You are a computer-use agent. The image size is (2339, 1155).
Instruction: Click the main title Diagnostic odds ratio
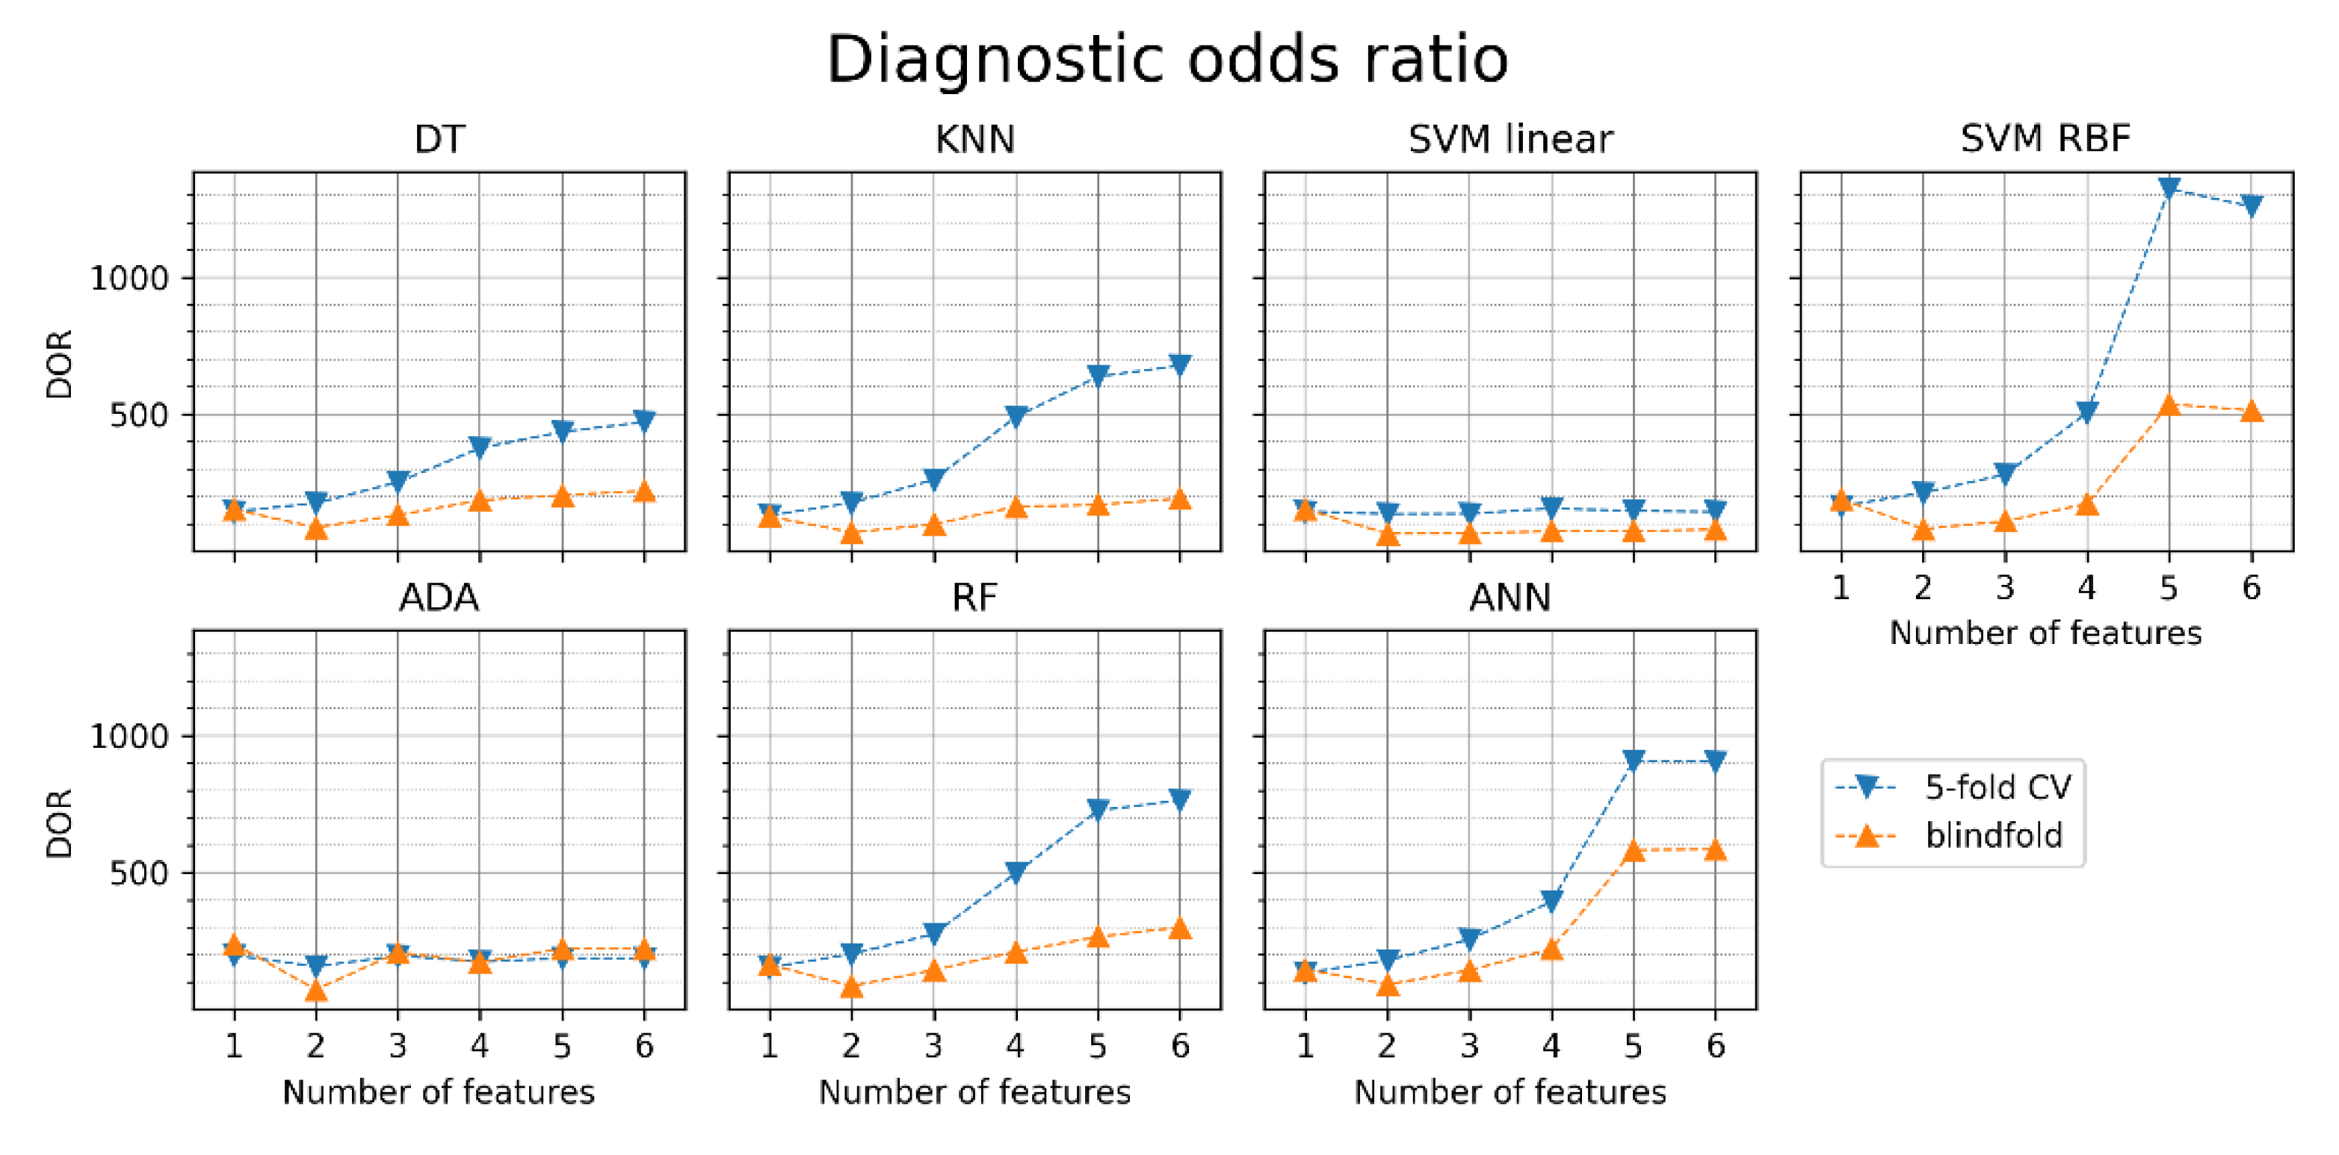tap(1168, 60)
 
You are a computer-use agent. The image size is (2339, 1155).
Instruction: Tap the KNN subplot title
tap(974, 139)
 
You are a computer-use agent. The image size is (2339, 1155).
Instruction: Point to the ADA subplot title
tap(439, 598)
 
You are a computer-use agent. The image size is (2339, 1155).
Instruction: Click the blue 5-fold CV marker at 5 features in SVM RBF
tap(2169, 188)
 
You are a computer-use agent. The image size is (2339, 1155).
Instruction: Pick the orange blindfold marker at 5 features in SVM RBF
tap(2169, 405)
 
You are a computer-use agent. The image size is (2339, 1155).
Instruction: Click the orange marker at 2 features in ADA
tap(316, 989)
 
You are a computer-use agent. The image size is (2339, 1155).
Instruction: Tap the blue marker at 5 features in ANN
tap(1634, 760)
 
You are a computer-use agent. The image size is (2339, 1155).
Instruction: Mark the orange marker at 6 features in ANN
tap(1715, 849)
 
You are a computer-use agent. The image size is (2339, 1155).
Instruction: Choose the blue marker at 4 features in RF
tap(1016, 873)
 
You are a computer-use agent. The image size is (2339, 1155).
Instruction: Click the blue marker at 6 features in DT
tap(643, 421)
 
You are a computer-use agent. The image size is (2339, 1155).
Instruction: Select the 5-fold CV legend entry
tap(1997, 787)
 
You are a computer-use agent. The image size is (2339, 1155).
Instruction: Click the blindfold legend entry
tap(1994, 834)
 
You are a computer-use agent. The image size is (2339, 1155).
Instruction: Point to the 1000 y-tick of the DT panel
tap(129, 278)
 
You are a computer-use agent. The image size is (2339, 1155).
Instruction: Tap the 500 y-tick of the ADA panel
tap(139, 873)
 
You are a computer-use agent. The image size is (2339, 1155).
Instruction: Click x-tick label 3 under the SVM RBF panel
tap(2005, 589)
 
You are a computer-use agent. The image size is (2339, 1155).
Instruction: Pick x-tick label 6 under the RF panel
tap(1179, 1046)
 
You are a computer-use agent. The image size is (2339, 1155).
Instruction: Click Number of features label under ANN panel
tap(1510, 1091)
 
